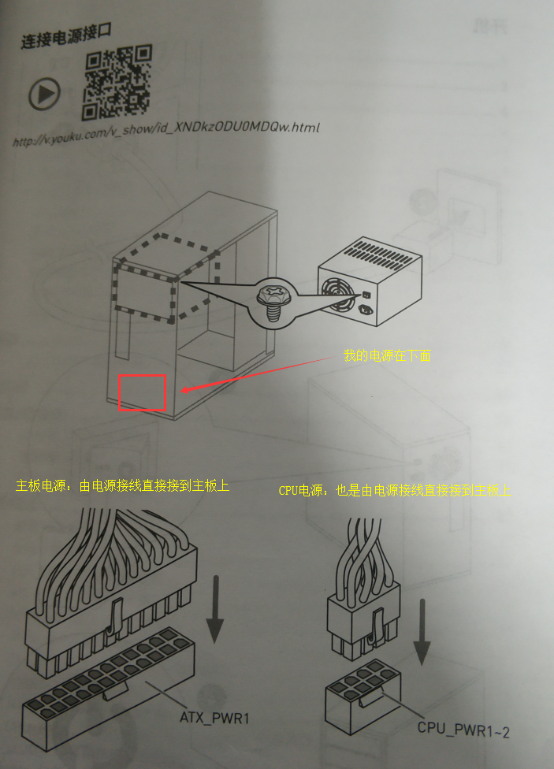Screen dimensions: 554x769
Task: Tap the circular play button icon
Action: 45,95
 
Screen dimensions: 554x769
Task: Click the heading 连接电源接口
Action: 67,35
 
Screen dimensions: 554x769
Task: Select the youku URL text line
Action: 165,134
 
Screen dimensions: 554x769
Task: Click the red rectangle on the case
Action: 142,392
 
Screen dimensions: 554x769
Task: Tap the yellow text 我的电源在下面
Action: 387,356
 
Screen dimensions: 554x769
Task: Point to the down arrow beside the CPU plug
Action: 422,630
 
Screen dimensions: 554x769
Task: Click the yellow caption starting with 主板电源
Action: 122,485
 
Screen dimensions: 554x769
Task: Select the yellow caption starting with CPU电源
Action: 395,490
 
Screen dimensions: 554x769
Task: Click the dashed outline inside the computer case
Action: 165,280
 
